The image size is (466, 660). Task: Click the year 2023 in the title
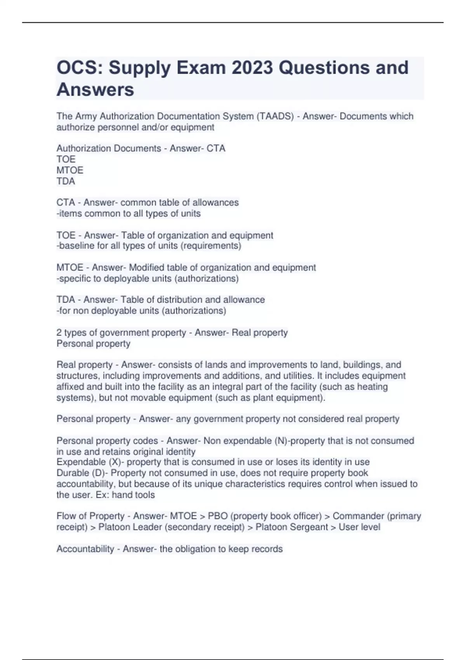click(x=252, y=68)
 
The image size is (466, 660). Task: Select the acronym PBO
click(x=218, y=516)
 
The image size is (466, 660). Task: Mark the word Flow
click(x=66, y=516)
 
